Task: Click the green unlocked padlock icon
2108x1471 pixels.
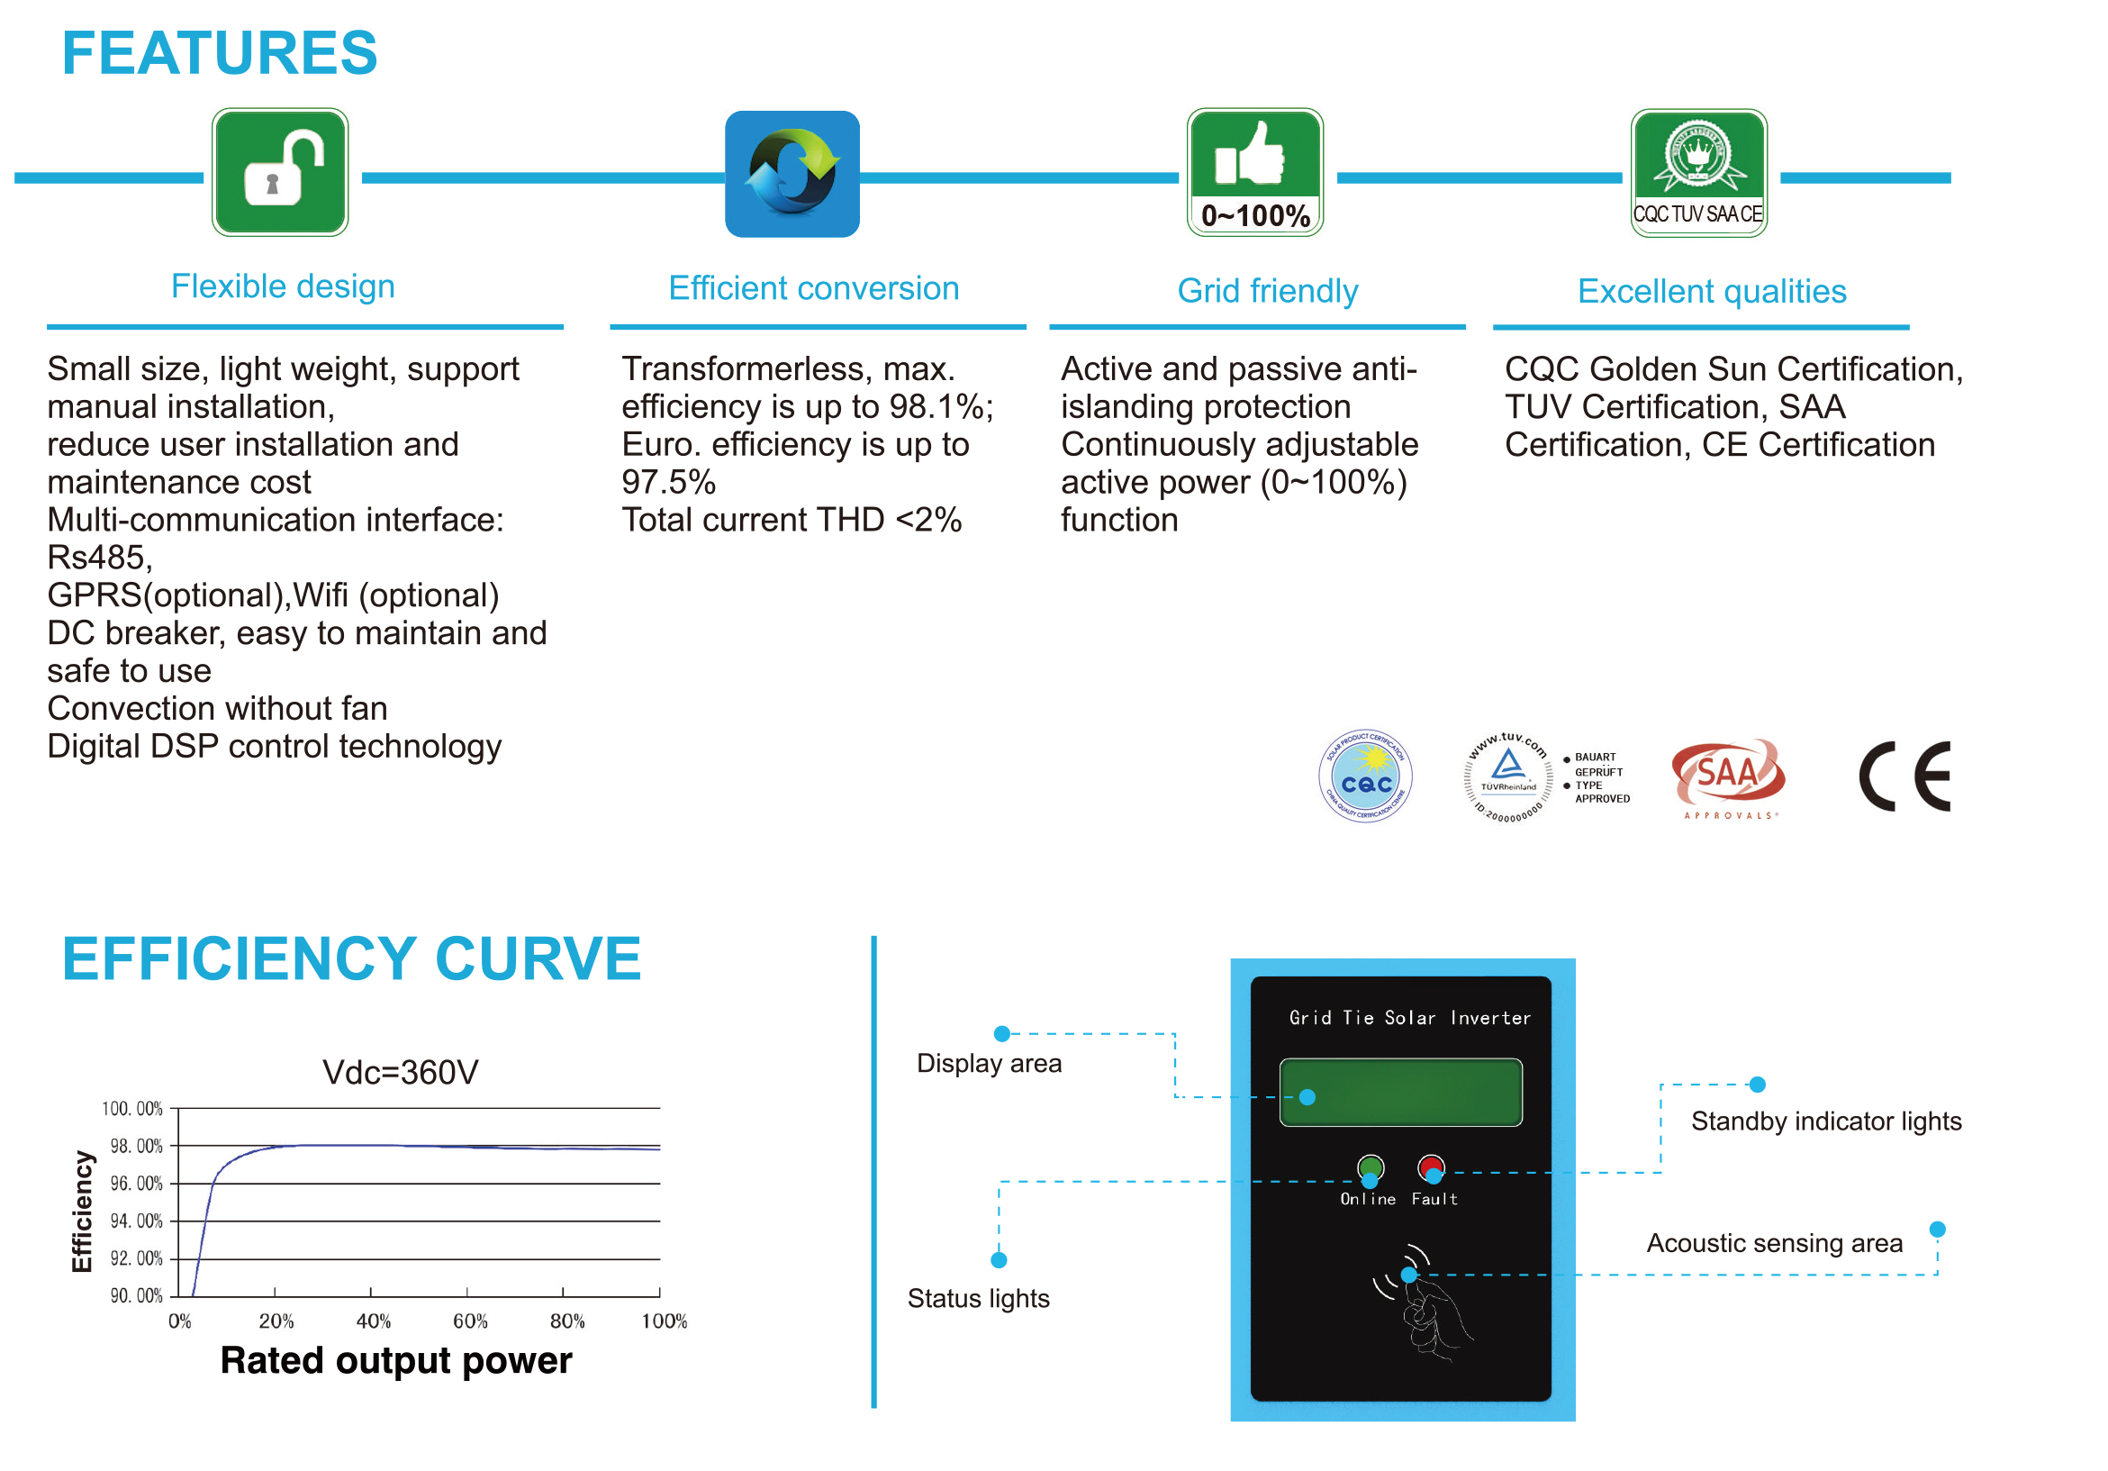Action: pos(280,173)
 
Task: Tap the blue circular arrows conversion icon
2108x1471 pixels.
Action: pos(792,174)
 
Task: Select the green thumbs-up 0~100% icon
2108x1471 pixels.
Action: pos(1254,173)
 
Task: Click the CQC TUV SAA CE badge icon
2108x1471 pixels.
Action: pos(1698,174)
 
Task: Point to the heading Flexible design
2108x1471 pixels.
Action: pos(283,286)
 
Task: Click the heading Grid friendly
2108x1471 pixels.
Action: pos(1267,291)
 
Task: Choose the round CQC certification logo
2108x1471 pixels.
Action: pos(1365,776)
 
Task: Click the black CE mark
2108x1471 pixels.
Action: pos(1905,776)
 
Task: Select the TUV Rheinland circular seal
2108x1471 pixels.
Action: pos(1507,776)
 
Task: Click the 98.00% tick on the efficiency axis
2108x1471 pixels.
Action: pos(136,1146)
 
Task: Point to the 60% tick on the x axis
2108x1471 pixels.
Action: pos(470,1321)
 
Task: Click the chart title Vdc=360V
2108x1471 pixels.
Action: pos(401,1073)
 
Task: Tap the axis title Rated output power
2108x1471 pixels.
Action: pos(395,1361)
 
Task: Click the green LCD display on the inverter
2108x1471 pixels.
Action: pos(1400,1092)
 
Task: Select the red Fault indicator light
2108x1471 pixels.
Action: pos(1431,1167)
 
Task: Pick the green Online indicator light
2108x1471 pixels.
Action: pos(1370,1167)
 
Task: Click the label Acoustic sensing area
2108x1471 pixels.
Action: pos(1774,1243)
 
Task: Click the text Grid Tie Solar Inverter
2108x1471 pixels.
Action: pos(1409,1017)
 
